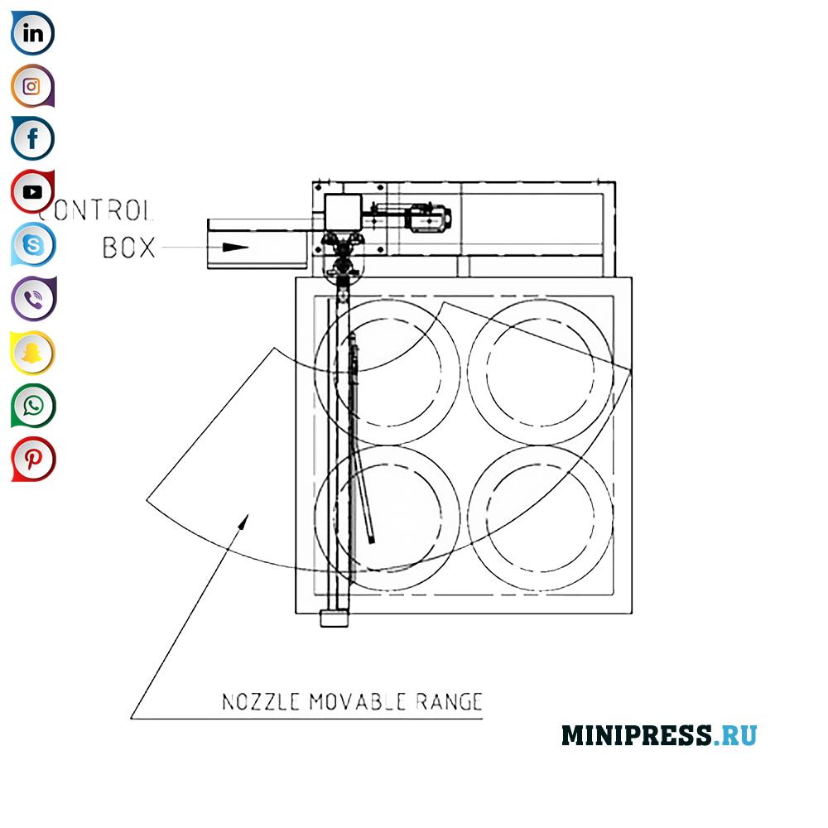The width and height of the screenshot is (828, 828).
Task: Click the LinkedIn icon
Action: (33, 34)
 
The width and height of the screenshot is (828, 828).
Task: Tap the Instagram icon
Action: (32, 86)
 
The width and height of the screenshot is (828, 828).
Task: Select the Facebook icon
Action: (33, 138)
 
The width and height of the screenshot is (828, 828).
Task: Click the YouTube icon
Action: (32, 192)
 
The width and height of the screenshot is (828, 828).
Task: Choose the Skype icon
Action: (33, 245)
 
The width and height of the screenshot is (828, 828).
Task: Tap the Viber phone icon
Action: (33, 299)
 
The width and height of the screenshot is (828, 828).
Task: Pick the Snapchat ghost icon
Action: (32, 353)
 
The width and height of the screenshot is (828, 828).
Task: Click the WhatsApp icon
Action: (33, 406)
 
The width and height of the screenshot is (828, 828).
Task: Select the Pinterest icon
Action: (33, 459)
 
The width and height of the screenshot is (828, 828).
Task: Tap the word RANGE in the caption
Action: (448, 702)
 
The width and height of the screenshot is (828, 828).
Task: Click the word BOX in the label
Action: (129, 247)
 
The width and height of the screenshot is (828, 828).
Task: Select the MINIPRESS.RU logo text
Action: (659, 735)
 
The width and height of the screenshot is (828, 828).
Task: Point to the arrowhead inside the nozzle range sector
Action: (243, 519)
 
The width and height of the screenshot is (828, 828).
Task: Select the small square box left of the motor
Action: (342, 213)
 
